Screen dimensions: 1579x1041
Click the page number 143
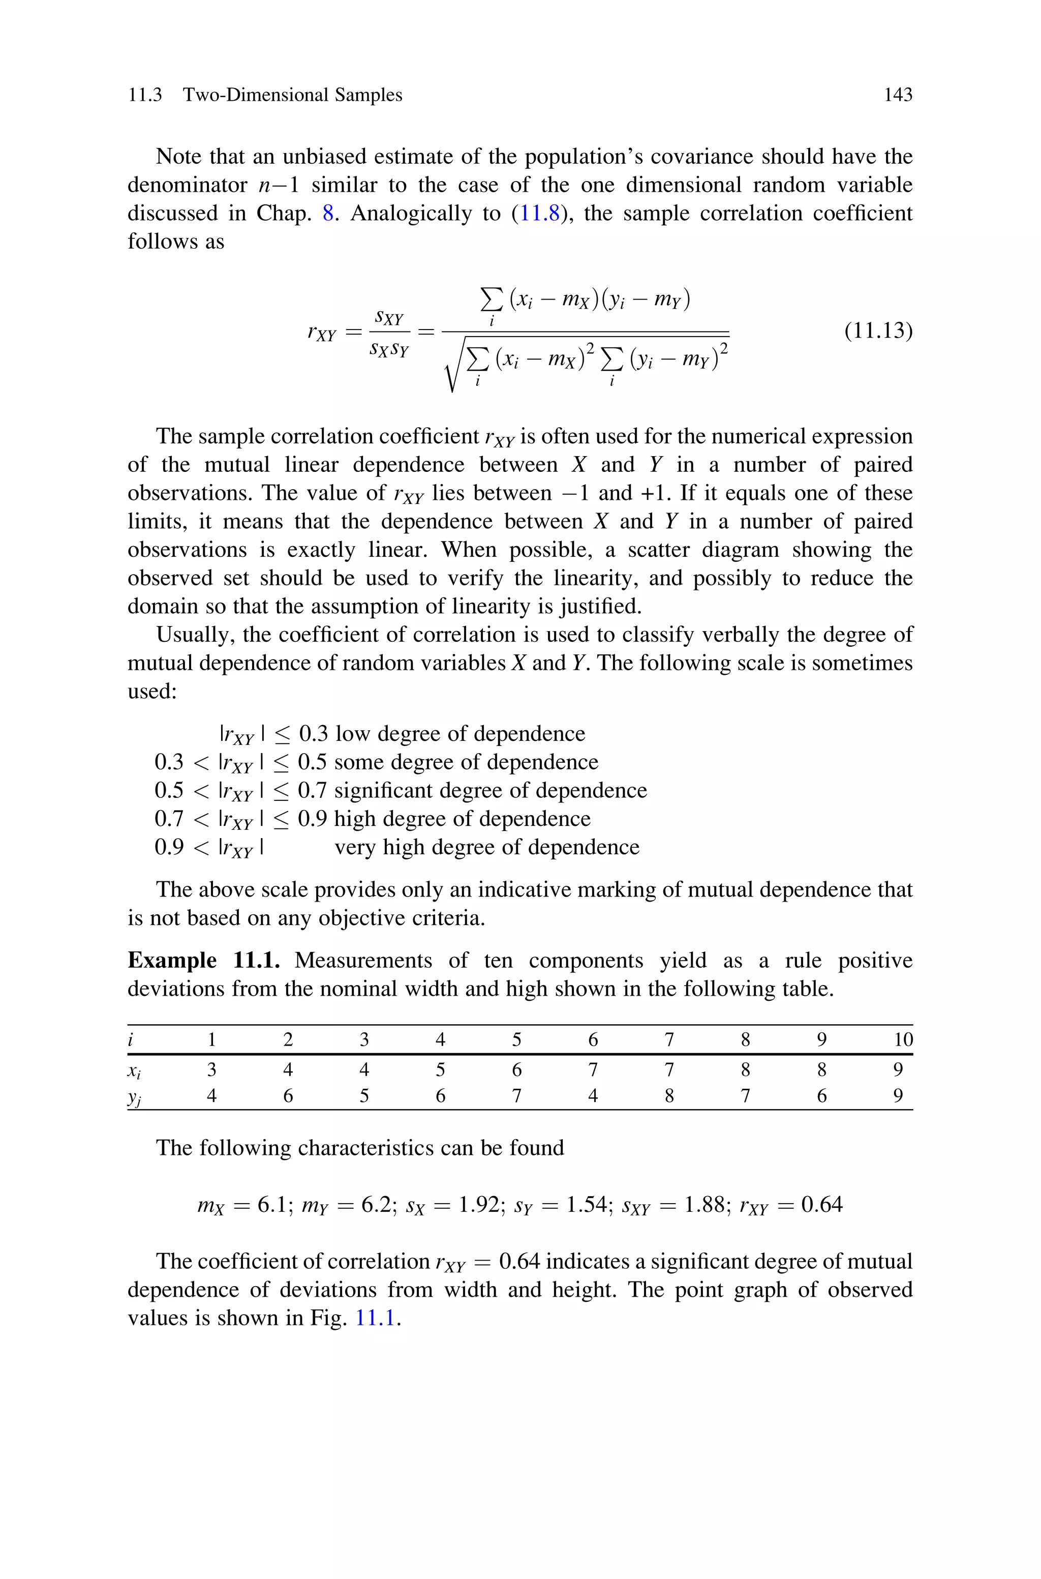coord(898,95)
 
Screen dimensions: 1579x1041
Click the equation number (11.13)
coord(878,330)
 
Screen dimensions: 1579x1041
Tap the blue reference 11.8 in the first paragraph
coord(540,213)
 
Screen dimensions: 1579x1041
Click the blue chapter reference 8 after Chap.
coord(328,213)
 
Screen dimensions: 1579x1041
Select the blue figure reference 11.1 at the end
coord(377,1318)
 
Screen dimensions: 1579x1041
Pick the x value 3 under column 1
coord(212,1070)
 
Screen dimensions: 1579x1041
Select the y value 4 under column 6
coord(593,1095)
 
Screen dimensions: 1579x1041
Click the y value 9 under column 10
coord(898,1095)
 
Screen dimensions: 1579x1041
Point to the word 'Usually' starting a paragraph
coord(194,635)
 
